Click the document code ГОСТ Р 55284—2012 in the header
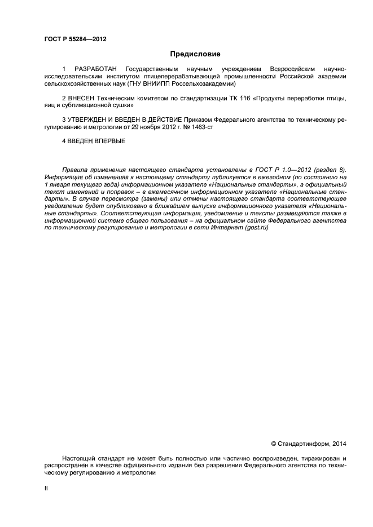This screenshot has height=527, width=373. [x=75, y=39]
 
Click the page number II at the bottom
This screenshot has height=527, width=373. [x=46, y=489]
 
